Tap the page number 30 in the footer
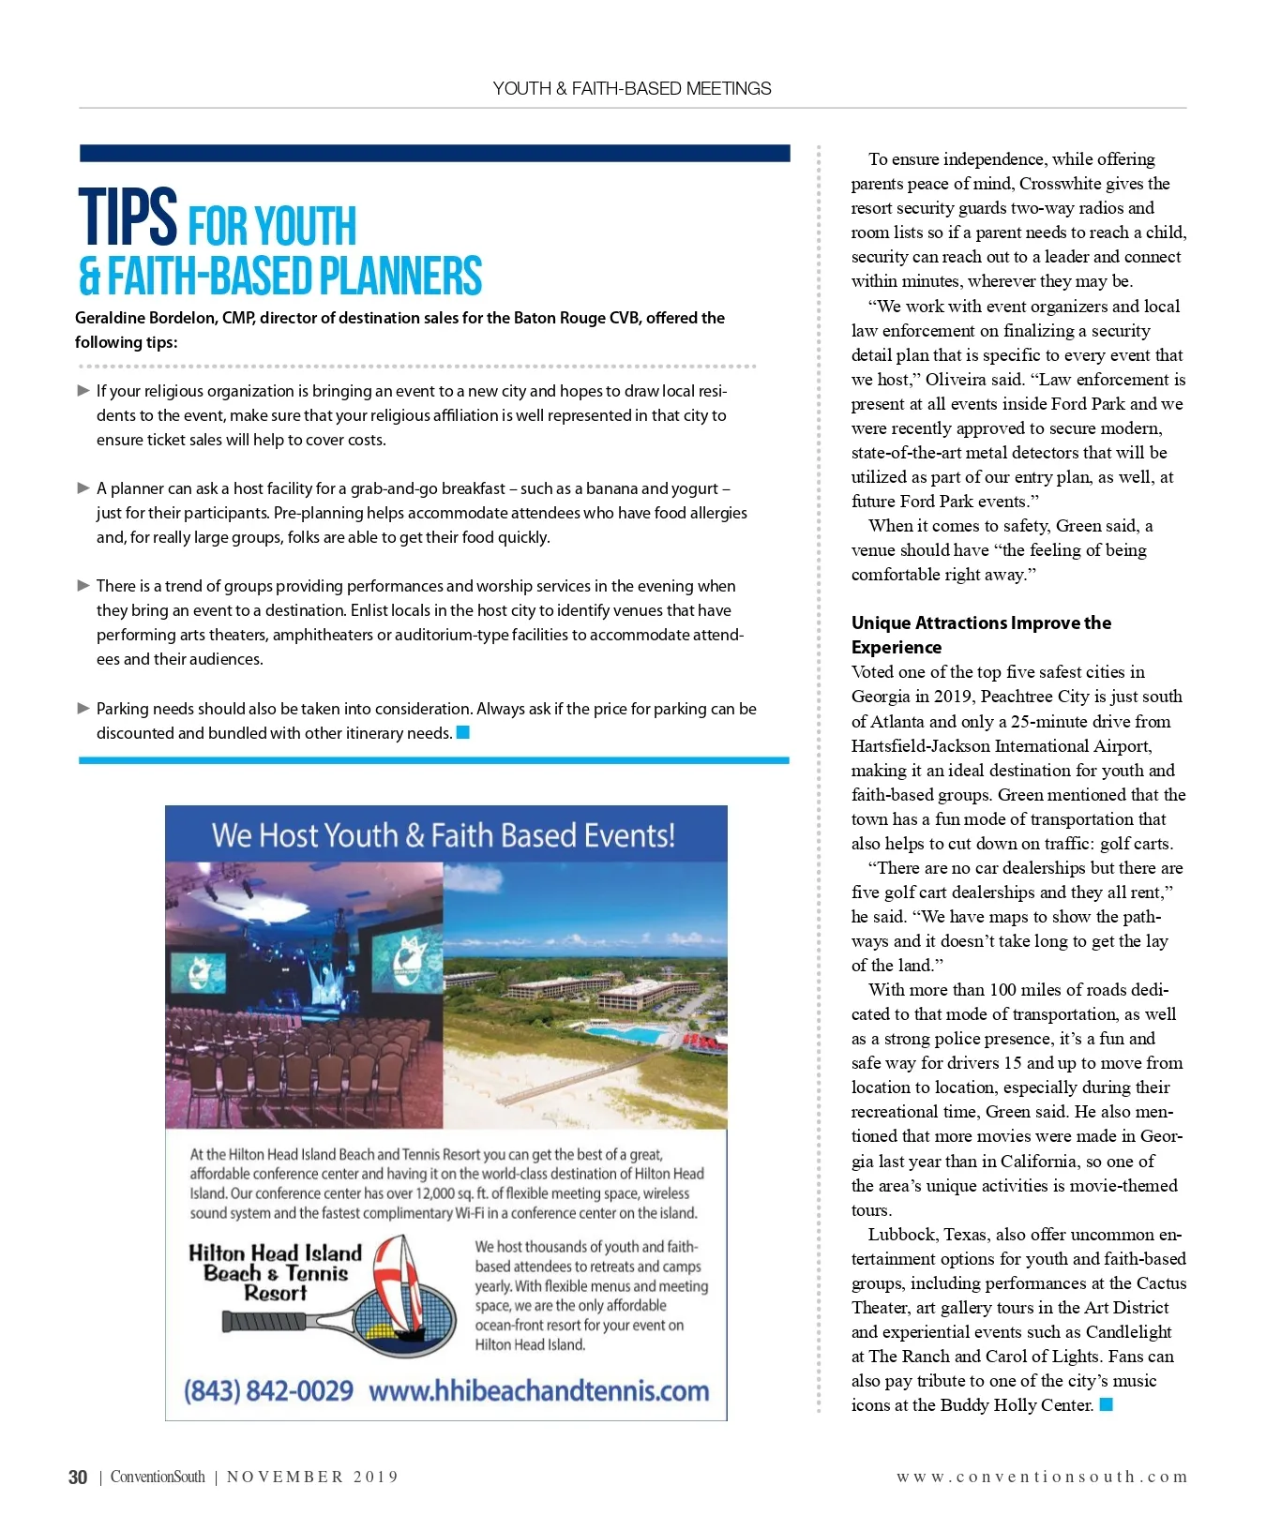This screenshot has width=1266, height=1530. point(78,1477)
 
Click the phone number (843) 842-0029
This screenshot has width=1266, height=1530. point(268,1390)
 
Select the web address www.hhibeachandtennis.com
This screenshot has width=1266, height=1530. point(539,1390)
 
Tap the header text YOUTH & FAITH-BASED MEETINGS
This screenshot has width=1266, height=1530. point(632,88)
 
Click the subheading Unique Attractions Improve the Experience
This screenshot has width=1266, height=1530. point(980,635)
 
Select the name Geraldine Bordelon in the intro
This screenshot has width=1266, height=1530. point(146,318)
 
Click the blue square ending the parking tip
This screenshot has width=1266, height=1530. point(462,732)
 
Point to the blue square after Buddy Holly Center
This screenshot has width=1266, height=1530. point(1107,1404)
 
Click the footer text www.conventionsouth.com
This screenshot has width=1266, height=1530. point(1042,1477)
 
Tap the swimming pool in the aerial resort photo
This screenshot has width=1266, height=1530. point(628,1035)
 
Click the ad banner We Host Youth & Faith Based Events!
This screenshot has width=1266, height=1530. point(444,834)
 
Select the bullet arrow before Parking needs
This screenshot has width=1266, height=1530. point(83,709)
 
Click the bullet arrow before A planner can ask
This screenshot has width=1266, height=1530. point(83,488)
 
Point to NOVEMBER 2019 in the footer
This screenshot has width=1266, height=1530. point(312,1477)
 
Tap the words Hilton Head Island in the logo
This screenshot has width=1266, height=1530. point(275,1253)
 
